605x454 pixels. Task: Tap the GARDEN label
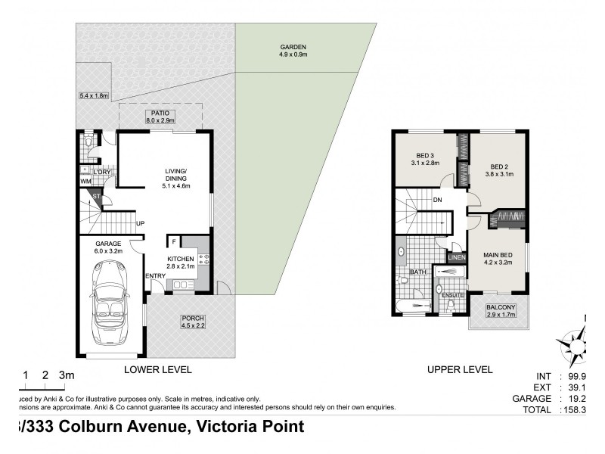[293, 50]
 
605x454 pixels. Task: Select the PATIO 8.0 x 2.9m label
[160, 116]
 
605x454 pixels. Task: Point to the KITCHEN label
[181, 263]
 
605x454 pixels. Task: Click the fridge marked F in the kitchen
[174, 242]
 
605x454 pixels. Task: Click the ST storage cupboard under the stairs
[96, 198]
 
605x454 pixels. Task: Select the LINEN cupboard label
[456, 258]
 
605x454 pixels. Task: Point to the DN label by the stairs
[436, 201]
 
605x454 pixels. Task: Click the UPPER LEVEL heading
[459, 370]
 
